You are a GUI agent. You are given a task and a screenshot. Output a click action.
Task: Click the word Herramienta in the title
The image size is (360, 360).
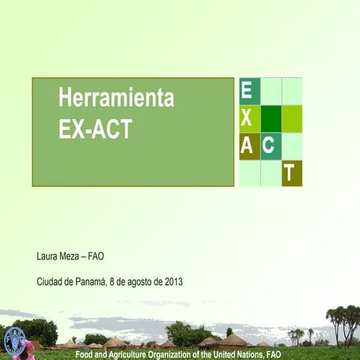coord(116,98)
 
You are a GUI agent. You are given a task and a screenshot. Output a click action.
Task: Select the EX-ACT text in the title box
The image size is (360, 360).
coord(95,129)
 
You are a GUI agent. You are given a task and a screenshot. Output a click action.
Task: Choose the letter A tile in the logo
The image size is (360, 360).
coord(247,145)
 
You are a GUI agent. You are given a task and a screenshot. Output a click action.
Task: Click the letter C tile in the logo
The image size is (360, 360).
coord(270,145)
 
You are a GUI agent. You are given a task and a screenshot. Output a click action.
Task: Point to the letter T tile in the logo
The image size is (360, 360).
coord(291,173)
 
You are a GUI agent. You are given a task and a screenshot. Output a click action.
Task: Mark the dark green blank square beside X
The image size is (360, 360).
coord(271,118)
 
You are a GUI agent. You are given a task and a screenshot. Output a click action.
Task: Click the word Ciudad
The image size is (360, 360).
coord(50,282)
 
